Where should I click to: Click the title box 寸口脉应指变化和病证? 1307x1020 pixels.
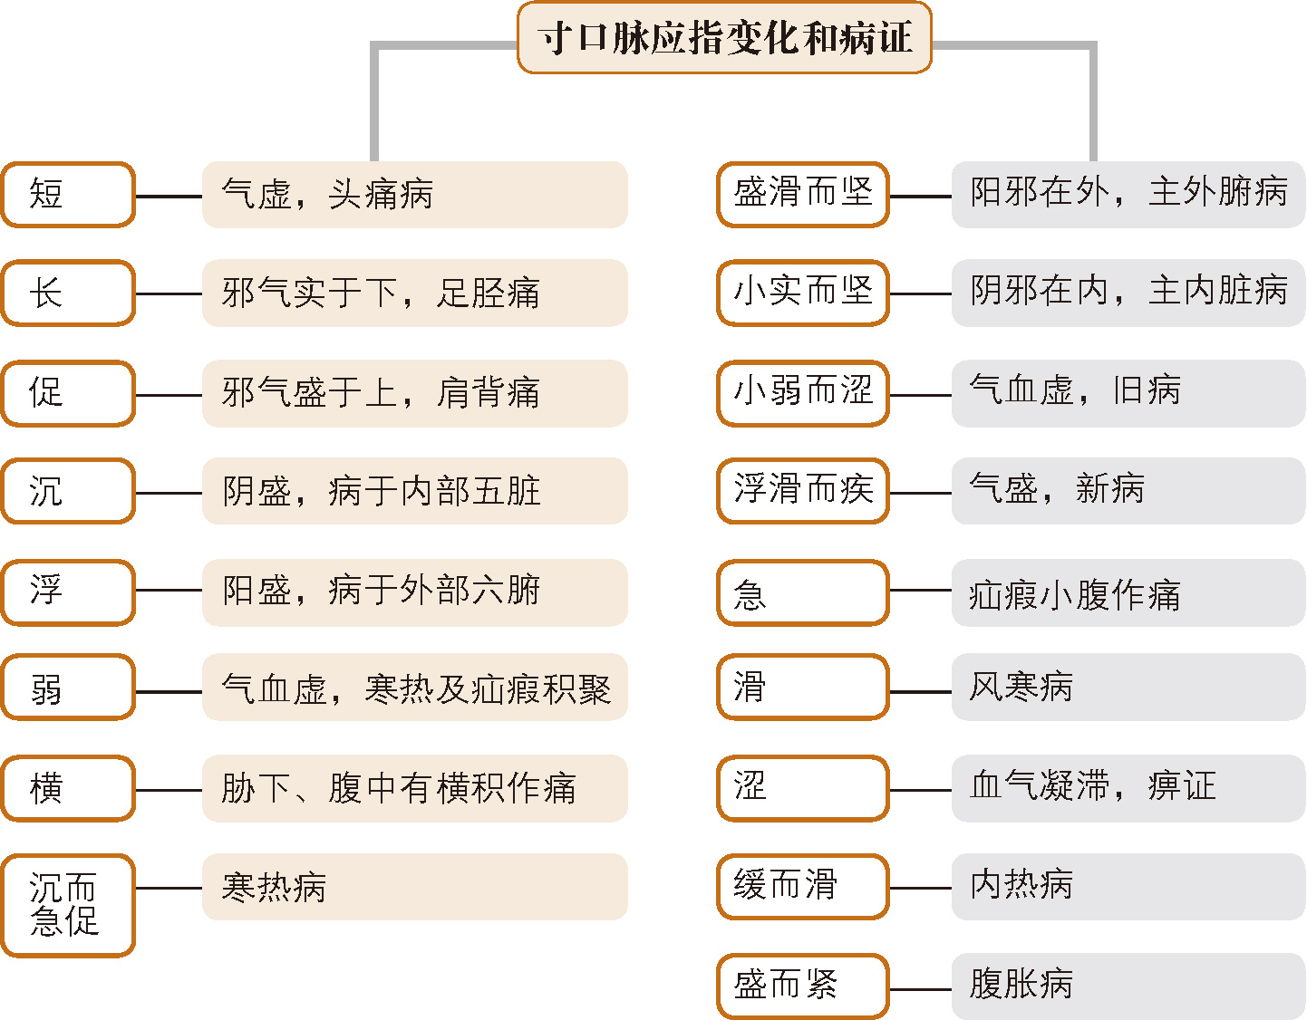pyautogui.click(x=724, y=38)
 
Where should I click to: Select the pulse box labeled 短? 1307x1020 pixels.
pyautogui.click(x=68, y=195)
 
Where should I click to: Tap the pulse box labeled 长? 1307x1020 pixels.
pyautogui.click(x=68, y=293)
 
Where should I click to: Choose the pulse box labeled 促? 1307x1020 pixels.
pyautogui.click(x=68, y=393)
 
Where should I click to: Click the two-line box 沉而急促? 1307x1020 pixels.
pyautogui.click(x=68, y=905)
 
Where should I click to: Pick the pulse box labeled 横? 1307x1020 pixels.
pyautogui.click(x=68, y=788)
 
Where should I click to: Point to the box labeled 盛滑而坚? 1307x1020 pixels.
pyautogui.click(x=802, y=195)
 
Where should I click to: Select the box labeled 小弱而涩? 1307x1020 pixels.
pyautogui.click(x=802, y=392)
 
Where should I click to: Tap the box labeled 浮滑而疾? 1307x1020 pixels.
pyautogui.click(x=802, y=491)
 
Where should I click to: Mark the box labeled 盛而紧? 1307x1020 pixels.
pyautogui.click(x=802, y=986)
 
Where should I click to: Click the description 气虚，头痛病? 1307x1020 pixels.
pyautogui.click(x=414, y=195)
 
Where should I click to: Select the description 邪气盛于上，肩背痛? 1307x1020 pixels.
pyautogui.click(x=414, y=393)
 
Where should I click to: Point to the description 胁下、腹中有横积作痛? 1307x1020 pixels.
pyautogui.click(x=414, y=788)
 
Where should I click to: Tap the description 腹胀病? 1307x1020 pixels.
pyautogui.click(x=1128, y=986)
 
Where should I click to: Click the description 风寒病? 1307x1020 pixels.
pyautogui.click(x=1128, y=688)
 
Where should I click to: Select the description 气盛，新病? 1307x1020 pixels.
pyautogui.click(x=1128, y=491)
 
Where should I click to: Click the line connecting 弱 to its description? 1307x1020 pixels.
pyautogui.click(x=169, y=692)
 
